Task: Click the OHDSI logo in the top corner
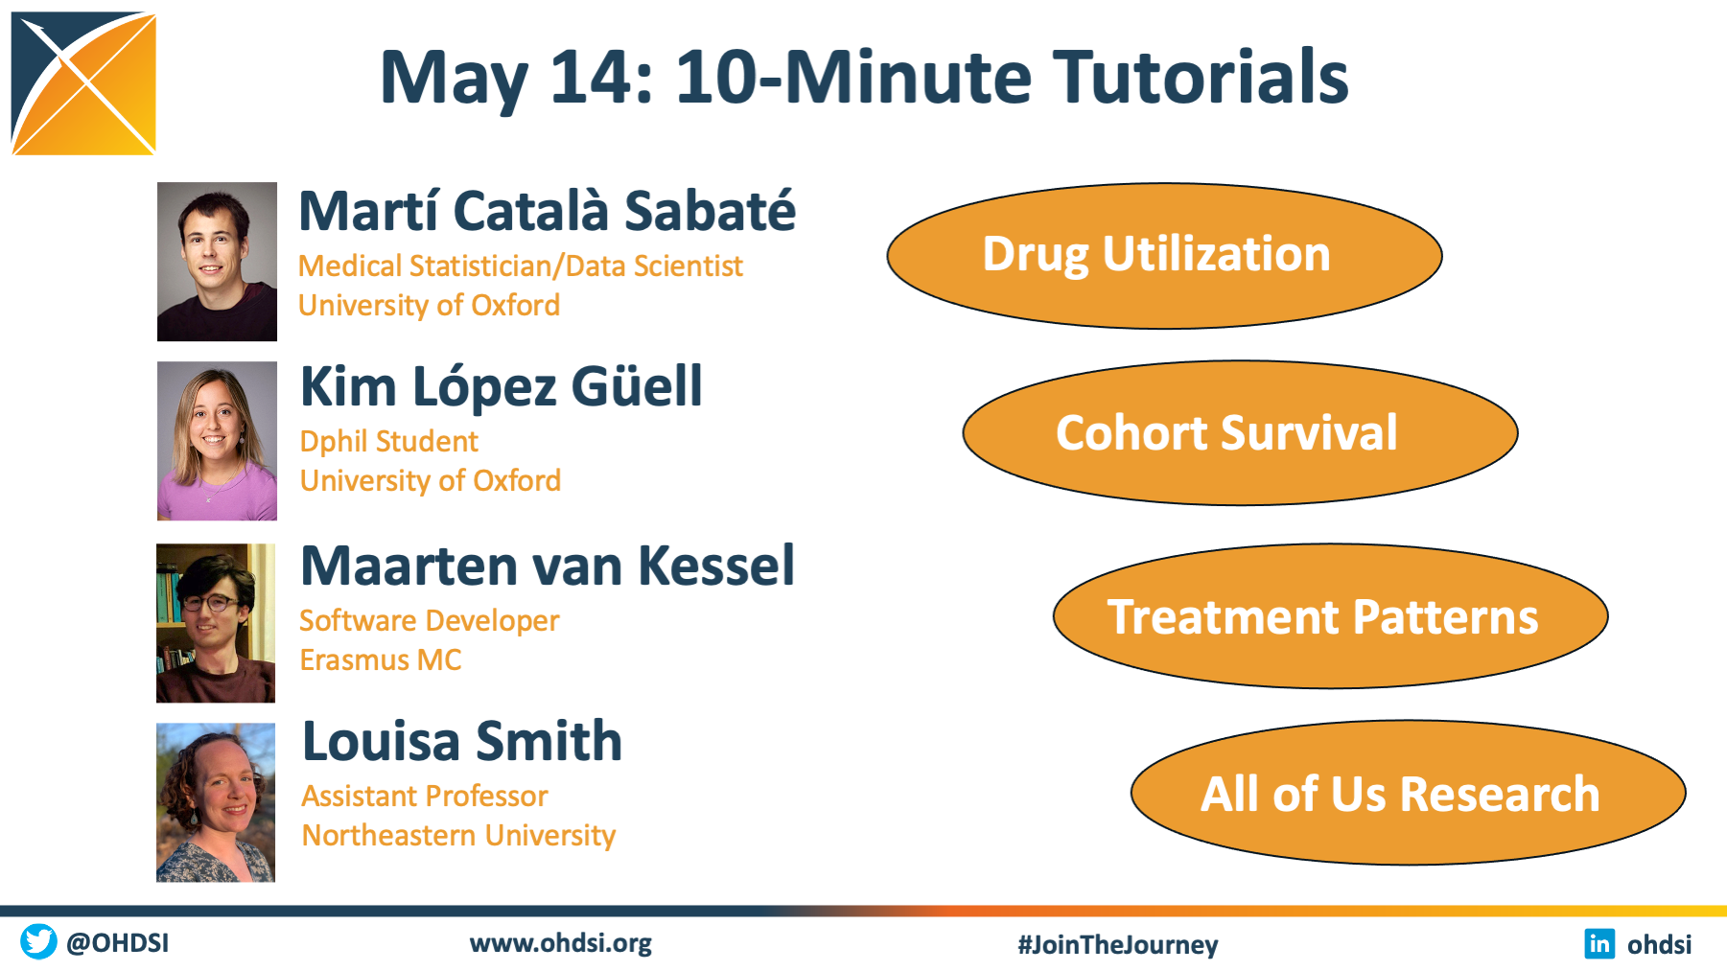pos(83,83)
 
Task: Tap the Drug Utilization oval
pos(1164,256)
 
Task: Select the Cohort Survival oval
pos(1240,433)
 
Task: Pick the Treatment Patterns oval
pos(1330,616)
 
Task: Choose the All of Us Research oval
pos(1408,793)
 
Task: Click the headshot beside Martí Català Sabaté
pos(217,262)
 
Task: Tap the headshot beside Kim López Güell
pos(217,441)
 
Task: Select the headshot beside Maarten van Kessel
pos(216,623)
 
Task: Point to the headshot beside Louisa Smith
pos(216,802)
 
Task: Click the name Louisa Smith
pos(462,741)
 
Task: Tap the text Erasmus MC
pos(381,659)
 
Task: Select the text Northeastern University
pos(458,836)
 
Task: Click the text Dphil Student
pos(388,441)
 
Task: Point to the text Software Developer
pos(429,621)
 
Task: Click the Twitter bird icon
pos(38,941)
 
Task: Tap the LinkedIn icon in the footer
pos(1599,943)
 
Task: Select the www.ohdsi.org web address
pos(560,943)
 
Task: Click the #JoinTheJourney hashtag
pos(1117,944)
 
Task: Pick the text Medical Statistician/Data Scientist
pos(520,266)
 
